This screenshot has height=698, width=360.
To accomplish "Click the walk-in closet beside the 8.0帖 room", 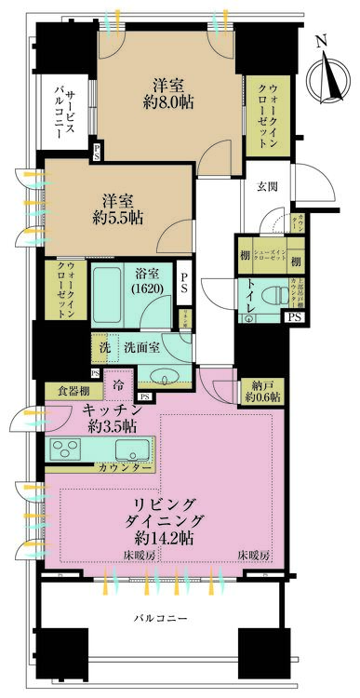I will coord(269,119).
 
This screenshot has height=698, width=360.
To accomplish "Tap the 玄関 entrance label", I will coord(269,187).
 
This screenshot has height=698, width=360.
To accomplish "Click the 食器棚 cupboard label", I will coord(67,391).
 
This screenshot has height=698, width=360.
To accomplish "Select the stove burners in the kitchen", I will coord(69,449).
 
